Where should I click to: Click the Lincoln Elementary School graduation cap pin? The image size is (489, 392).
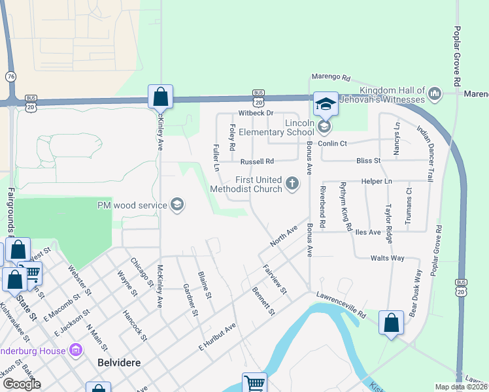(326, 104)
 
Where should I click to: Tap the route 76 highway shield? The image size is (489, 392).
(10, 76)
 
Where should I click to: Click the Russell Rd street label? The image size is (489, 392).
(257, 161)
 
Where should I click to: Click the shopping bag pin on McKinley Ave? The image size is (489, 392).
(160, 97)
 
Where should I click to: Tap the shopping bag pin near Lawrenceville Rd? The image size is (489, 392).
(391, 323)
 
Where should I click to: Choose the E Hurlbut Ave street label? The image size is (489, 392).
(217, 337)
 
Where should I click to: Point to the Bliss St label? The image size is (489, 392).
(368, 161)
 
